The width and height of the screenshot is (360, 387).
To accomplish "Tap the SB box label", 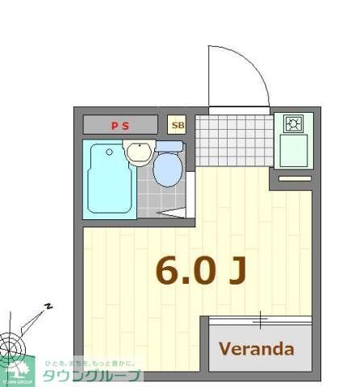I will click(178, 125).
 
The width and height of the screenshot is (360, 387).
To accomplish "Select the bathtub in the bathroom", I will click(109, 178).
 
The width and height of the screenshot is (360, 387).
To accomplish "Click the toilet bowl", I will click(168, 170).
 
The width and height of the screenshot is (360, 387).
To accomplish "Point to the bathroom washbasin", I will click(139, 151).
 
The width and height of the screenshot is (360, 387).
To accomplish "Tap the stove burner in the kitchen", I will click(293, 124).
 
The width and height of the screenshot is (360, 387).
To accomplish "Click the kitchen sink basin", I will click(293, 150).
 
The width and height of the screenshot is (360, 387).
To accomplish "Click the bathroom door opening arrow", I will click(172, 214).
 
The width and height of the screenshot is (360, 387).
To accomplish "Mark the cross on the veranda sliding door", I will click(260, 320).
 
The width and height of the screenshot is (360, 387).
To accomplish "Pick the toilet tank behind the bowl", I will click(169, 147).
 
